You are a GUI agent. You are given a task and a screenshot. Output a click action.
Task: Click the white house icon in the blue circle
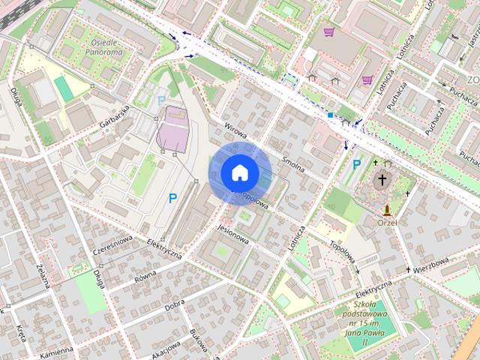(x=239, y=172)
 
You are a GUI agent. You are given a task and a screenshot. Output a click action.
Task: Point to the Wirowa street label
(x=235, y=133)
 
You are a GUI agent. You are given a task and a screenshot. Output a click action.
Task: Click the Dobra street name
(x=175, y=304)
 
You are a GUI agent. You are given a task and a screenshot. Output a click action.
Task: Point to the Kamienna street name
(x=57, y=350)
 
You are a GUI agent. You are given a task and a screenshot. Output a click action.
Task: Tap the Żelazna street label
(x=41, y=275)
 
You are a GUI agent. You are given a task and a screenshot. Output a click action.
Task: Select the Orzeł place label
(x=388, y=222)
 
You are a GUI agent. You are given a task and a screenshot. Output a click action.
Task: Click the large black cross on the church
(x=383, y=180)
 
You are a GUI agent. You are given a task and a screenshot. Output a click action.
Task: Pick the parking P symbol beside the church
(x=356, y=163)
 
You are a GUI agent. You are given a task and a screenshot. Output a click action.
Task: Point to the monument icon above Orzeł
(x=388, y=209)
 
